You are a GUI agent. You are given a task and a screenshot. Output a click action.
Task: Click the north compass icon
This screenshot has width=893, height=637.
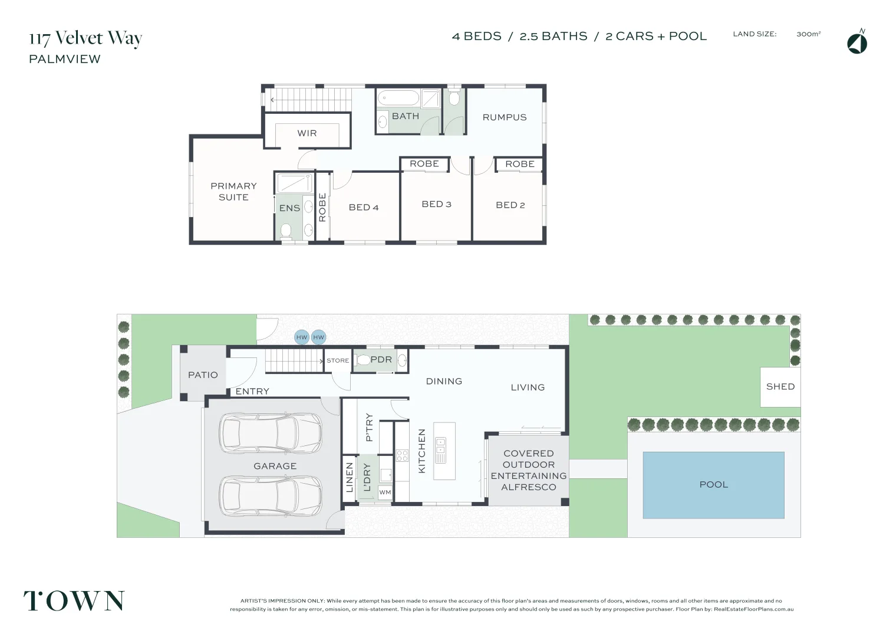(x=857, y=42)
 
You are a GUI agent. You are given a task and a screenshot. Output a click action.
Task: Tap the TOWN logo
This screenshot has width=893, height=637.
(x=74, y=600)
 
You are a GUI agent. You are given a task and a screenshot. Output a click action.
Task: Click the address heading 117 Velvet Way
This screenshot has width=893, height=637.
(x=85, y=38)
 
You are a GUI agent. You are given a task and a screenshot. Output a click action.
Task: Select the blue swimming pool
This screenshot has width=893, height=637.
(x=714, y=485)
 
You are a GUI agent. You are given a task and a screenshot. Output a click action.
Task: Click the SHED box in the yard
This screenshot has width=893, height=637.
(x=780, y=387)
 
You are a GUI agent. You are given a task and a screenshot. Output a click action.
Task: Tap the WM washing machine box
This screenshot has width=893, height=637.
(x=385, y=492)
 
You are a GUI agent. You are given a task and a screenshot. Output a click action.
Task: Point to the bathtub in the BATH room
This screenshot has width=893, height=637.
(x=398, y=98)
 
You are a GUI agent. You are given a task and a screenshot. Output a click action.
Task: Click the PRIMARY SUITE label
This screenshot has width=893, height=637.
(x=233, y=192)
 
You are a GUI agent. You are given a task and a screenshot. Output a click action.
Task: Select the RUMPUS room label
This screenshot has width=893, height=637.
(x=505, y=117)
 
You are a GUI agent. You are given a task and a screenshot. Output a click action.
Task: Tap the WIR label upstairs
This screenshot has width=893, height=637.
(x=307, y=133)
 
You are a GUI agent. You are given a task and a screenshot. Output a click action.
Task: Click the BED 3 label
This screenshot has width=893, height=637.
(x=437, y=204)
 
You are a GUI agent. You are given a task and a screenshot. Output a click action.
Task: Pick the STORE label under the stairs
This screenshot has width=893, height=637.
(x=338, y=360)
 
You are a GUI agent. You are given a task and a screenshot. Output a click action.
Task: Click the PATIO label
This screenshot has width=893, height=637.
(x=203, y=375)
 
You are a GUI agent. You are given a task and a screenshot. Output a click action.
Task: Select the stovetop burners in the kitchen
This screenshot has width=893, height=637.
(x=402, y=455)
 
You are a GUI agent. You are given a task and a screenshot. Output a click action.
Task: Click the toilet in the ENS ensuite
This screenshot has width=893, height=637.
(x=286, y=231)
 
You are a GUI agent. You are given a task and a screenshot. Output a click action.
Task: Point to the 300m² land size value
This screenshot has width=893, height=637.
(x=809, y=34)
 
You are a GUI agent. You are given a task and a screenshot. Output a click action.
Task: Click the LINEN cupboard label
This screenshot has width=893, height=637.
(x=350, y=477)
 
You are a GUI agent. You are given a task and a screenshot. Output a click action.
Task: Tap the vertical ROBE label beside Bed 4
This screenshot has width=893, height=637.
(x=322, y=208)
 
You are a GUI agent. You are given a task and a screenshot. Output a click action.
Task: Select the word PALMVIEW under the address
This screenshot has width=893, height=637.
(x=65, y=59)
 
